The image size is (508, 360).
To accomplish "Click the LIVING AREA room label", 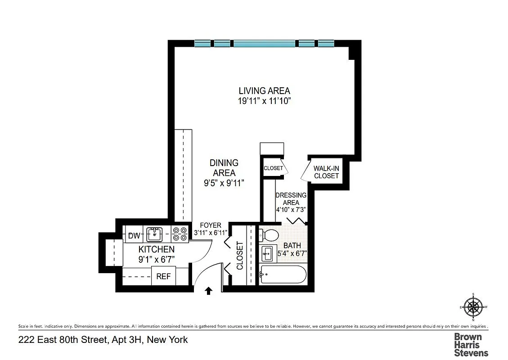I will tap(264, 90).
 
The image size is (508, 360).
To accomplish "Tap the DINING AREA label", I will tap(224, 167).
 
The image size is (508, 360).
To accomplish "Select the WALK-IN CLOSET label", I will tap(326, 172).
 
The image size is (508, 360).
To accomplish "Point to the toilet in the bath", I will tap(270, 235).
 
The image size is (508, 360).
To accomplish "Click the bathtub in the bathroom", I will tap(283, 274).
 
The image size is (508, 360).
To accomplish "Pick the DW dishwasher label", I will tap(134, 236).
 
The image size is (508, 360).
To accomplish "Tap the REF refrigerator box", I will tap(163, 276).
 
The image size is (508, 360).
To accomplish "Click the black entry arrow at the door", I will tap(209, 291).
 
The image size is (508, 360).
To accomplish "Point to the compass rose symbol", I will tap(473, 307).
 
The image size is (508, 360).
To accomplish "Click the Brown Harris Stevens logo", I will tap(471, 344).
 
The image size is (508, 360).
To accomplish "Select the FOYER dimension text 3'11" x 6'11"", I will tap(211, 233).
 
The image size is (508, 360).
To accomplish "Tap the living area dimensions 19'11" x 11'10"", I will tap(265, 101).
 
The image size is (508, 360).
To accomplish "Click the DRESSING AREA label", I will tap(291, 199).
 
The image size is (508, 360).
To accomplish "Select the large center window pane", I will tap(265, 44).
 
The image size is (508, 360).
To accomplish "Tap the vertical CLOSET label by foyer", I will tap(240, 256).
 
